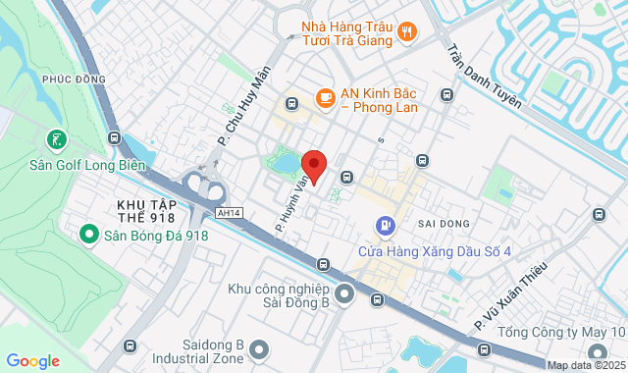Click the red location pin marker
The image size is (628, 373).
pyautogui.click(x=313, y=163)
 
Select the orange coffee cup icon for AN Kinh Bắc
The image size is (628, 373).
pyautogui.click(x=324, y=96)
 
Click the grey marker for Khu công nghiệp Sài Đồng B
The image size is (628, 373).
pyautogui.click(x=344, y=294)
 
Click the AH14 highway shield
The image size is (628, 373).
pyautogui.click(x=229, y=212)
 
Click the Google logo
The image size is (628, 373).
pyautogui.click(x=33, y=361)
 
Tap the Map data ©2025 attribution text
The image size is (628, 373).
pyautogui.click(x=585, y=365)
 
